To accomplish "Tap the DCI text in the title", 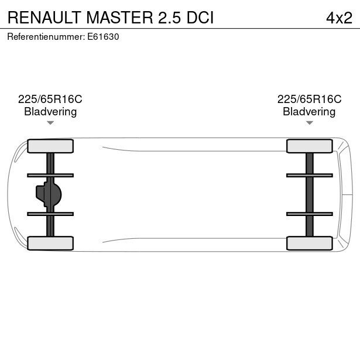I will [200, 18].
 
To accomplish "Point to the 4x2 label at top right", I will [339, 18].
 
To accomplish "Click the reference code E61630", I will [103, 36].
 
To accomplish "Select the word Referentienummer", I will [46, 36].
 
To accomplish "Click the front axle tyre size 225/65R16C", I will [50, 100].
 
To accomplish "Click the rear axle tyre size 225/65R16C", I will [309, 100].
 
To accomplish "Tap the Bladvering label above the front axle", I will [50, 112].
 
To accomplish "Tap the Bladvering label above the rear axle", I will [309, 112].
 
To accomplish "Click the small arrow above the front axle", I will [50, 123].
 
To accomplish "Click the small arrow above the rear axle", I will [309, 123].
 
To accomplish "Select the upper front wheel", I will [50, 146].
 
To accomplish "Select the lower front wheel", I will [50, 243].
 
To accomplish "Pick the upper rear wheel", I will [309, 146].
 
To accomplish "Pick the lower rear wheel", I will [309, 243].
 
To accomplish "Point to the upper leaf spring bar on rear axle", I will [309, 175].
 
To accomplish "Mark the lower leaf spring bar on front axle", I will [50, 214].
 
